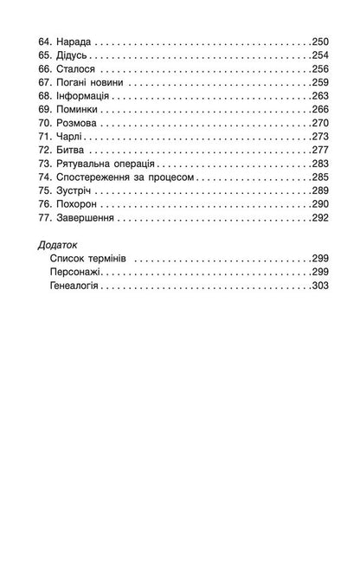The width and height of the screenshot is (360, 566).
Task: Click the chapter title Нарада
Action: [74, 41]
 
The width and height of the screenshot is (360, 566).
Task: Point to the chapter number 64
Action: [47, 41]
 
